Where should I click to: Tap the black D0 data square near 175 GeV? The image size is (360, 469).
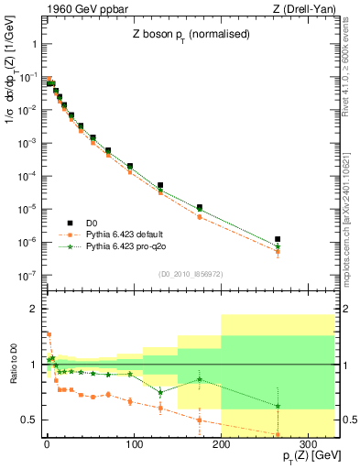[199, 208]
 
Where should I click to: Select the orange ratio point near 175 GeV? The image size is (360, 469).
[199, 420]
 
